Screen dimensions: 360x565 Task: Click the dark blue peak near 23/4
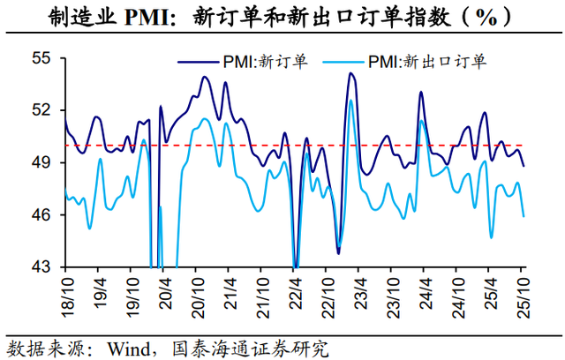point(350,73)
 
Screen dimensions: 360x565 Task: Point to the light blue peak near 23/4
point(350,101)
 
